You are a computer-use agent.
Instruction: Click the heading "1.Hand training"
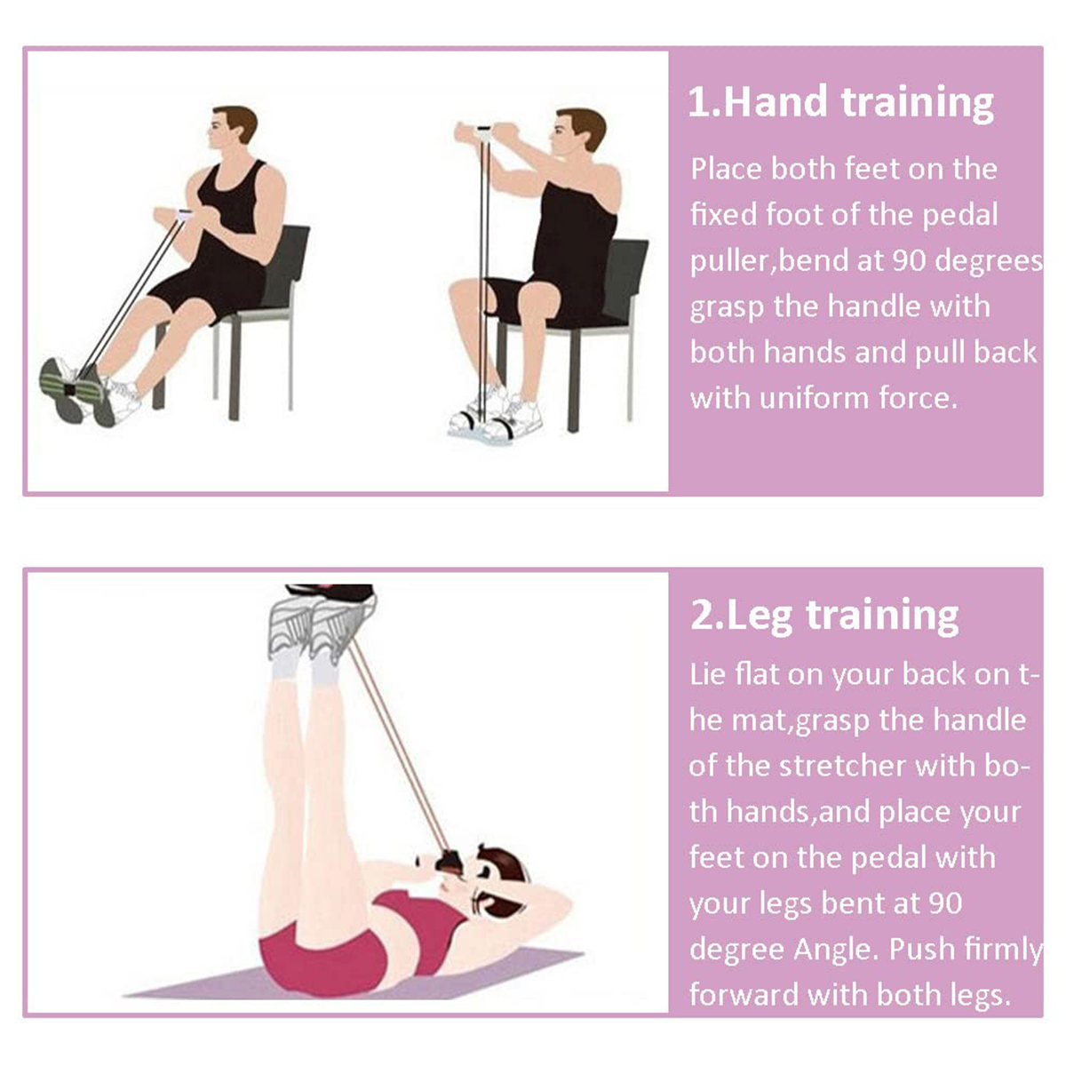click(x=840, y=103)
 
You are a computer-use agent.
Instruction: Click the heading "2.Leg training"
click(x=824, y=615)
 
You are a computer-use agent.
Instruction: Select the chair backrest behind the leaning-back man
click(x=287, y=266)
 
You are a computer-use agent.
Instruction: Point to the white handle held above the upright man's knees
click(x=484, y=131)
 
